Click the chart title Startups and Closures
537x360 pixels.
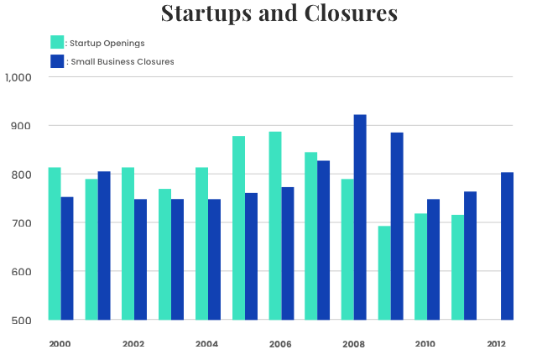tap(279, 14)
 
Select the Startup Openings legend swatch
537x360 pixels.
tap(57, 42)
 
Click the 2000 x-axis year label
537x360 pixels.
tap(60, 344)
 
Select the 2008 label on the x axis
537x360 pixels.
tap(353, 344)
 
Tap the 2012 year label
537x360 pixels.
tap(496, 344)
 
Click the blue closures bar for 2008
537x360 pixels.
tap(360, 217)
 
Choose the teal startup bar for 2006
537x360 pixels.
tap(275, 226)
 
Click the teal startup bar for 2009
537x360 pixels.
tap(385, 273)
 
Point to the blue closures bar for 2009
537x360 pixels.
tap(397, 227)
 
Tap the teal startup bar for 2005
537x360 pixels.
tap(238, 227)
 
